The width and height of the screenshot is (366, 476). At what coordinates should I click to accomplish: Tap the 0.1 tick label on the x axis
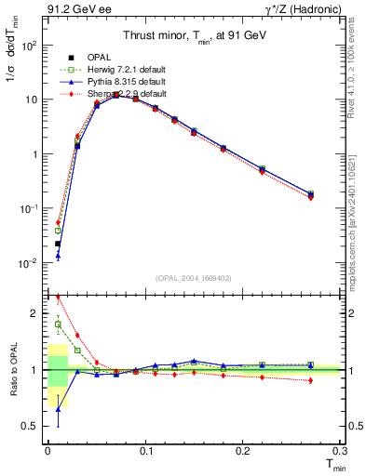(144, 452)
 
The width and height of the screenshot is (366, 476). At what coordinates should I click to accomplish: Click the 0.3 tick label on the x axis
(338, 452)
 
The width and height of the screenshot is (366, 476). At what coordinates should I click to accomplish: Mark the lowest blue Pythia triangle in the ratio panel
(57, 409)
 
